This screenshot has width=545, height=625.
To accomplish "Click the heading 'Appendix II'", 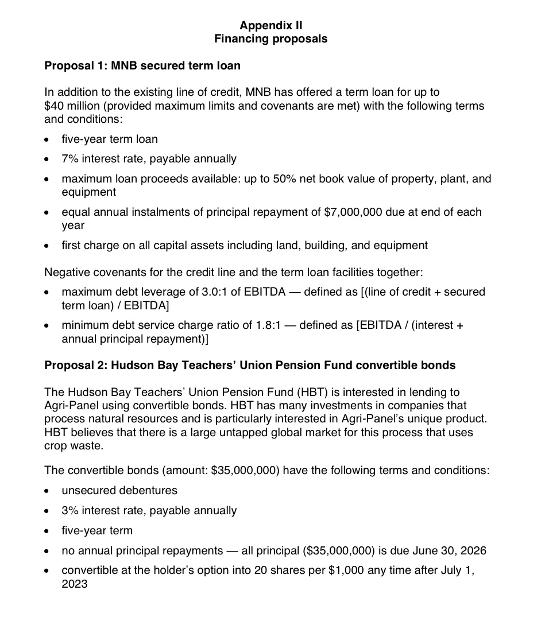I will tap(271, 25).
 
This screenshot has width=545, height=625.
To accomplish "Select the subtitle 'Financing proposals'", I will tap(271, 39).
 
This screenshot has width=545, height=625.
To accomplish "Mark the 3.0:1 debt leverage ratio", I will tap(206, 292).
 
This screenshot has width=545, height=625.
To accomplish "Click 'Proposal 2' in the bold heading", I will tap(72, 366).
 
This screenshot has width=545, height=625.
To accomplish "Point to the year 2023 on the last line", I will tap(75, 584).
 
